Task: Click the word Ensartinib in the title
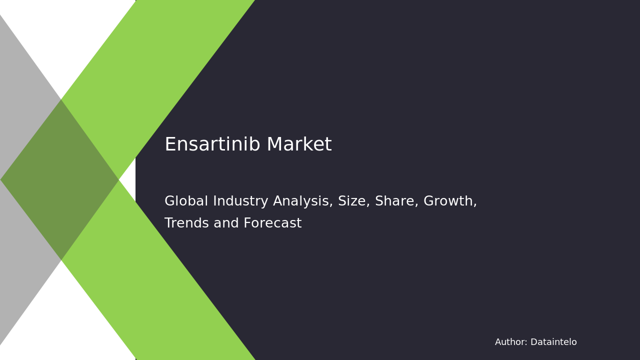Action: pos(212,145)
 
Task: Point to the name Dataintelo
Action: pos(553,342)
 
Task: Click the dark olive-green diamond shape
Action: pos(60,179)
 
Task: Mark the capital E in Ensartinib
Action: pos(169,145)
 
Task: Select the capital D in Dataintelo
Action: pos(533,342)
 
